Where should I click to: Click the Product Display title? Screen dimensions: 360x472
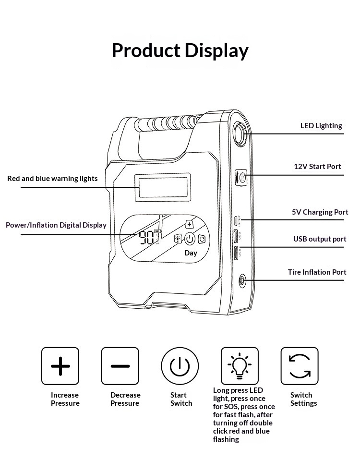tap(180, 50)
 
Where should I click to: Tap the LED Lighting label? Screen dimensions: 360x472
tap(321, 126)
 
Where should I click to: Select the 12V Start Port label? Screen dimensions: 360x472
tap(317, 167)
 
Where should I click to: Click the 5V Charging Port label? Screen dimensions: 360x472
tap(320, 212)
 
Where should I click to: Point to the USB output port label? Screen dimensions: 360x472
tap(320, 239)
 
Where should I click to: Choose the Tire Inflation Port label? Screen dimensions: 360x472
tap(317, 272)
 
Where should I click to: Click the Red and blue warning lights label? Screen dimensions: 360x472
tap(52, 179)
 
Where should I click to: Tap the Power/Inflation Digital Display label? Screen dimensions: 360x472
tap(56, 225)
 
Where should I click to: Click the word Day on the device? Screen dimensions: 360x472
tap(191, 253)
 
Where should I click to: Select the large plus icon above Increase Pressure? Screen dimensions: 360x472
tap(60, 366)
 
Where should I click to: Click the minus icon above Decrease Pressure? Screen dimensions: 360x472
tap(120, 366)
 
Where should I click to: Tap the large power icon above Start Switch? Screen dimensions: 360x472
tap(180, 366)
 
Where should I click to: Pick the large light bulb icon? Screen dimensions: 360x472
tap(240, 366)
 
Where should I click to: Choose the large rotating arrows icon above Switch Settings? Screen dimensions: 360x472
tap(300, 366)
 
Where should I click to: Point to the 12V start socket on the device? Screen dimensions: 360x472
tap(241, 178)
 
